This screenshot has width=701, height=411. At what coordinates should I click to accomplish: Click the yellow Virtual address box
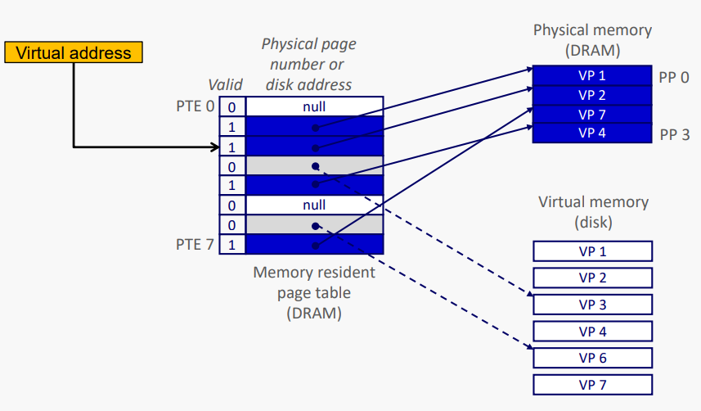74,53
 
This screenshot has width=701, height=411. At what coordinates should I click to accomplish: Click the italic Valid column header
225,84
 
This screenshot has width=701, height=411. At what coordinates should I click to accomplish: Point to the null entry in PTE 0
314,106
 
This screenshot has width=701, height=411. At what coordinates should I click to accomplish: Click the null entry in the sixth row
314,205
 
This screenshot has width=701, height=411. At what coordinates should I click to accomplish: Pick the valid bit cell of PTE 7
231,244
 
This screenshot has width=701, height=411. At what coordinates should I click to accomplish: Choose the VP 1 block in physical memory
591,75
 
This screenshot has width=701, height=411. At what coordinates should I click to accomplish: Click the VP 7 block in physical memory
591,114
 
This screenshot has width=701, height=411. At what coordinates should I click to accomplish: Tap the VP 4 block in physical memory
591,133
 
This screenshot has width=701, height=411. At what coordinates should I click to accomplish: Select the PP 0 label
674,77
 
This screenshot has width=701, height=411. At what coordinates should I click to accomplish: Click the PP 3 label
674,134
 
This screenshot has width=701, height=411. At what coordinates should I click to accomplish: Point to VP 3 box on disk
592,305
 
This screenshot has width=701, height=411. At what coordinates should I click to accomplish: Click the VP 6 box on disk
592,358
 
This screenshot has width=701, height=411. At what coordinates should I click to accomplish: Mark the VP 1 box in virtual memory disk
592,251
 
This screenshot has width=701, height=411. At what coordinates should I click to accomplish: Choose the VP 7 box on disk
592,385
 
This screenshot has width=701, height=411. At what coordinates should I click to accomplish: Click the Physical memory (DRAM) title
592,39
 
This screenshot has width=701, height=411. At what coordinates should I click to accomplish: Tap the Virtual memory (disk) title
593,211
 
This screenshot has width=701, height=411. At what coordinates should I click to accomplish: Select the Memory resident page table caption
314,291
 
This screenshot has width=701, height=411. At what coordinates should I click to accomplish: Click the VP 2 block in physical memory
591,94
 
